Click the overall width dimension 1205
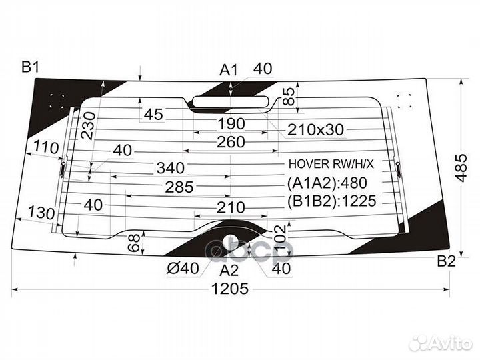230,289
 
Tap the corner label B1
30,67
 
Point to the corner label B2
447,261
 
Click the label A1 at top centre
229,70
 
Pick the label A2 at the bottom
229,270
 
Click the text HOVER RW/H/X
331,165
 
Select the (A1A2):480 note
327,183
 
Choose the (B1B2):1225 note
331,201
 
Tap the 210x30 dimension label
315,130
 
